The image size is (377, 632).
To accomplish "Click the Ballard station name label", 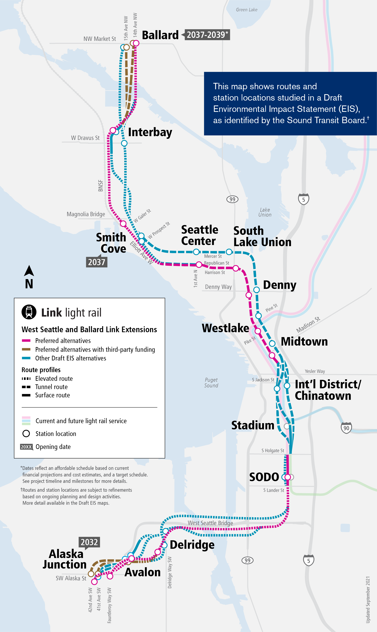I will [x=160, y=35].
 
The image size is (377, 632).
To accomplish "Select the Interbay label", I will [x=150, y=132].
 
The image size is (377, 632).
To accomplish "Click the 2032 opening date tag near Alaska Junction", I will [x=89, y=542].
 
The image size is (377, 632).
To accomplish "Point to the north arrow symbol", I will [x=29, y=271].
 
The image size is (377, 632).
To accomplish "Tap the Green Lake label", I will [x=246, y=10].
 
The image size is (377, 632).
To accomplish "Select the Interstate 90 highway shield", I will [x=346, y=428].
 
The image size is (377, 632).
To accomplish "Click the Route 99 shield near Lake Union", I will [x=232, y=199].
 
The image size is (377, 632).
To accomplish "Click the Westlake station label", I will [x=225, y=328].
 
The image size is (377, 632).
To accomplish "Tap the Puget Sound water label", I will [x=211, y=382].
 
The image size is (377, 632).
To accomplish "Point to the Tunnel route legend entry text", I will [x=51, y=387].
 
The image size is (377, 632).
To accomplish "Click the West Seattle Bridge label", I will [x=210, y=523].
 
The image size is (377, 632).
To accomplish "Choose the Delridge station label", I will [x=192, y=545].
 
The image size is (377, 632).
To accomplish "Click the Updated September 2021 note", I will [x=368, y=599].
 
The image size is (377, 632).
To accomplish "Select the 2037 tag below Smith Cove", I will [x=97, y=262].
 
